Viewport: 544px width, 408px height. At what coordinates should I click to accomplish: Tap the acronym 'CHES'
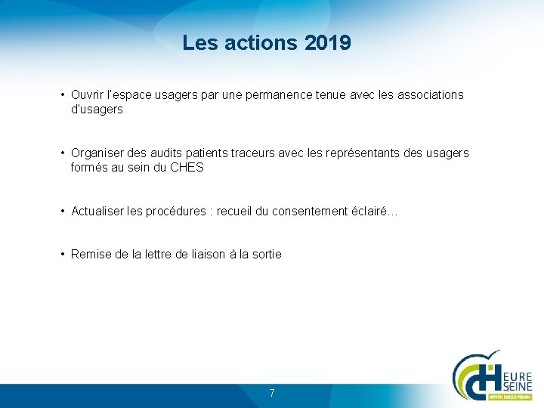(187, 168)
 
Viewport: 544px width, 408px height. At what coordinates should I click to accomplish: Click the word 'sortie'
(265, 255)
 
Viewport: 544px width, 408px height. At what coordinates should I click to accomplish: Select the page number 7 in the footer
(272, 393)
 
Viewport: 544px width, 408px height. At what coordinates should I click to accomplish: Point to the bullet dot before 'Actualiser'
(63, 212)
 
